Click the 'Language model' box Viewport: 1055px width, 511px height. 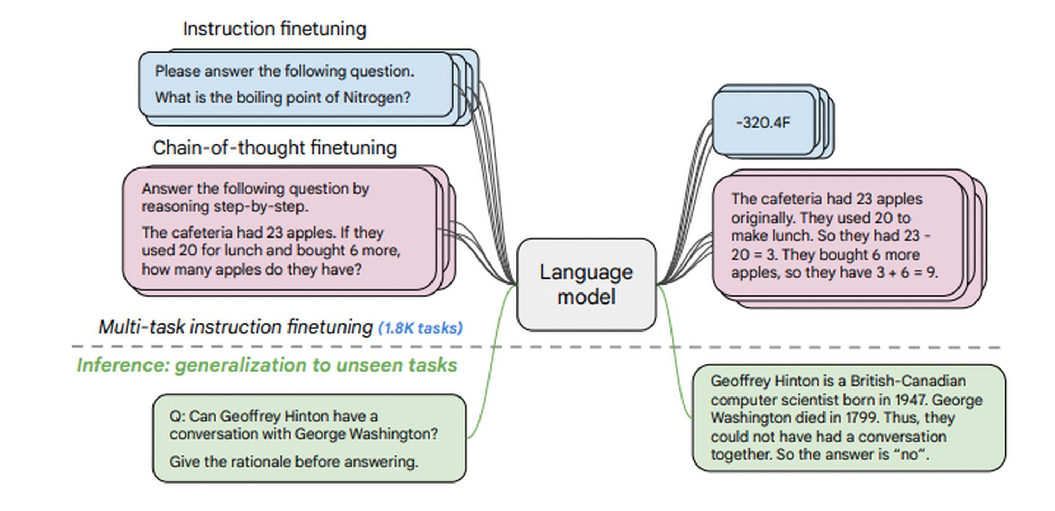pyautogui.click(x=586, y=284)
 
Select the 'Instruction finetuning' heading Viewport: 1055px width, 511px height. pyautogui.click(x=274, y=29)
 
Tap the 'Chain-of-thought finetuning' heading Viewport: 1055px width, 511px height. pyautogui.click(x=274, y=148)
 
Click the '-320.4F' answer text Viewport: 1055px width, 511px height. pyautogui.click(x=763, y=122)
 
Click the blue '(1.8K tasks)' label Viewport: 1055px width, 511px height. pyautogui.click(x=420, y=328)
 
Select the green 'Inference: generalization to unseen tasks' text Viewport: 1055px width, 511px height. pyautogui.click(x=266, y=365)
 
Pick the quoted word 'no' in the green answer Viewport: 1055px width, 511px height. pyautogui.click(x=909, y=454)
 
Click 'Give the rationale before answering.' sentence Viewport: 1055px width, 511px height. pyautogui.click(x=293, y=461)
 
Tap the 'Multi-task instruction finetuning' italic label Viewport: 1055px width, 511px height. pyautogui.click(x=235, y=327)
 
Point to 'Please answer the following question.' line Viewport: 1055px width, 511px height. pyautogui.click(x=284, y=71)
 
